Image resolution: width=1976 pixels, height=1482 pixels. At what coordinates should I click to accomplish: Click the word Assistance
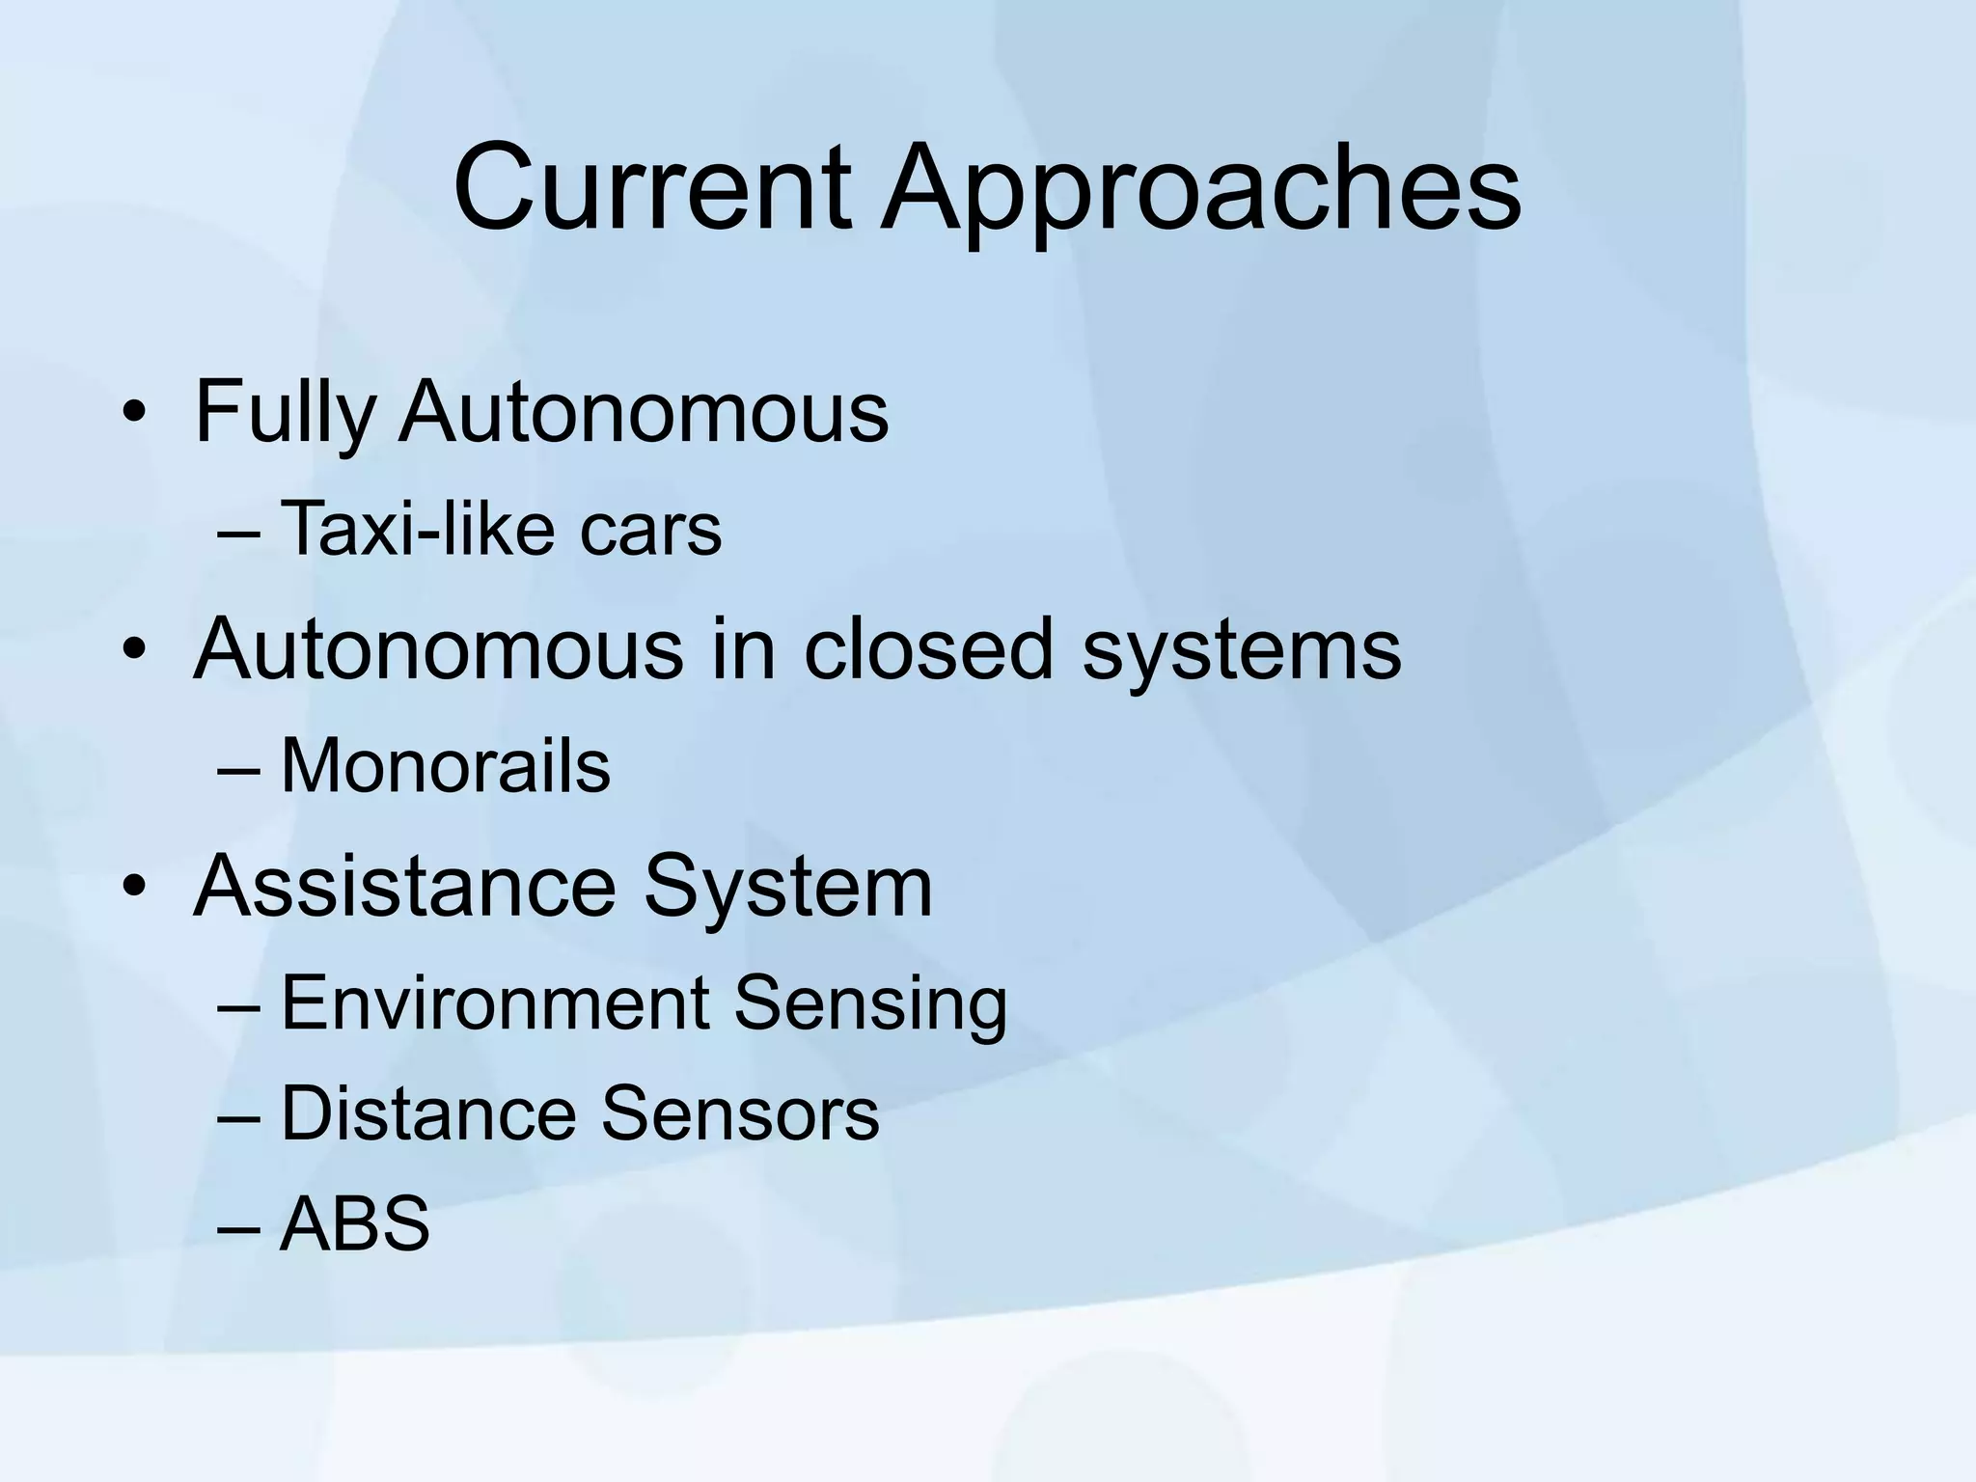(404, 886)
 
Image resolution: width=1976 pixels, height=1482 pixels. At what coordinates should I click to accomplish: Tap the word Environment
(495, 1002)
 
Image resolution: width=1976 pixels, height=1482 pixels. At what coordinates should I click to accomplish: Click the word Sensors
(740, 1113)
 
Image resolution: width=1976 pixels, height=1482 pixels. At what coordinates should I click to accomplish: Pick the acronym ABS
(354, 1223)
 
